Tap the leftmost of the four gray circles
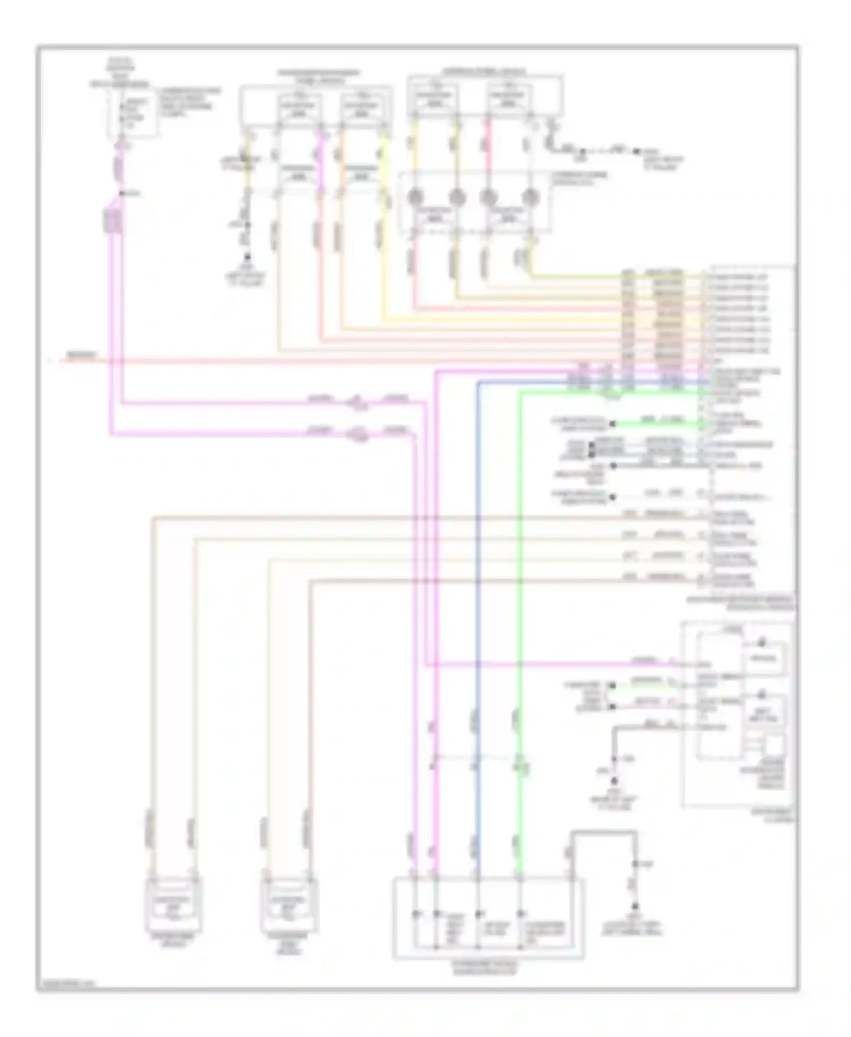[415, 197]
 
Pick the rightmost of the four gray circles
[530, 197]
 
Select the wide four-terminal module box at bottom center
[488, 918]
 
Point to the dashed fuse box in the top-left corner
[133, 112]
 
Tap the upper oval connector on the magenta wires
[357, 403]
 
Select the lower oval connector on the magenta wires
[357, 435]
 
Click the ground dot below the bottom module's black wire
[635, 907]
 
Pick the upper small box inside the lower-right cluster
[765, 659]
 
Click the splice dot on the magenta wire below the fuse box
[121, 194]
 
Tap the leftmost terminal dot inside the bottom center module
[416, 914]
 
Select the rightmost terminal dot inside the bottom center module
[520, 914]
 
